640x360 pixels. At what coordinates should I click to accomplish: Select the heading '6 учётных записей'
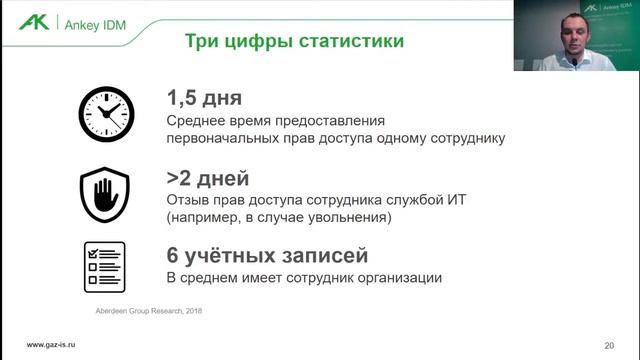pyautogui.click(x=260, y=255)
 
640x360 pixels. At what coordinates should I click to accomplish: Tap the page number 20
pyautogui.click(x=609, y=345)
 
